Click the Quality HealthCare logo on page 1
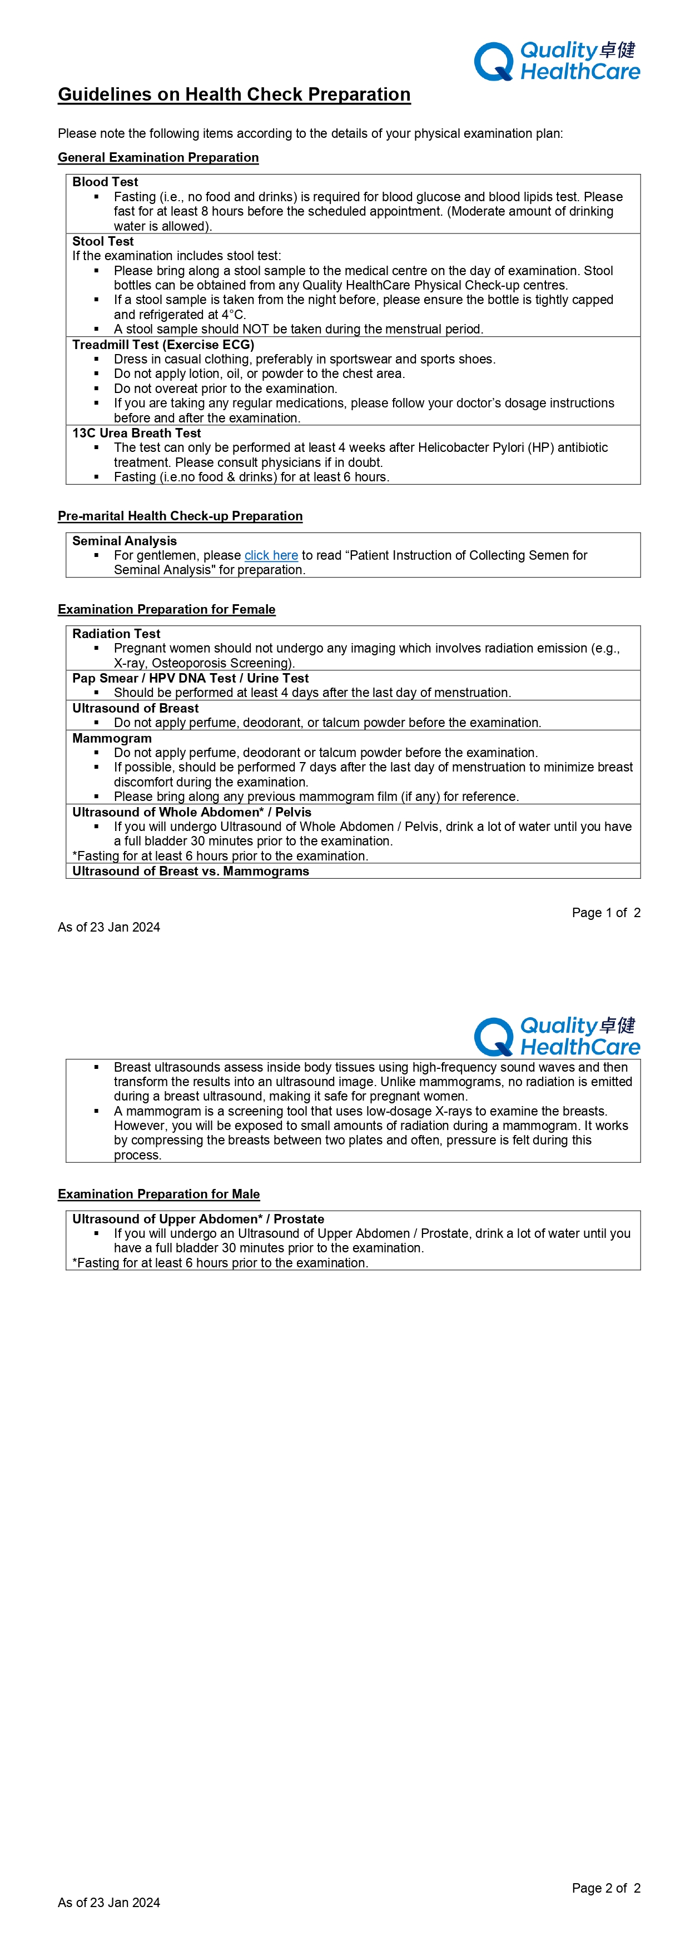557,61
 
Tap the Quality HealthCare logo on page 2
557,1037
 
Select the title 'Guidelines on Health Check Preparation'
234,94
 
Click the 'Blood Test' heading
105,182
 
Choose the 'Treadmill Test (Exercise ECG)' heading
163,345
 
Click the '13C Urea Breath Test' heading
136,433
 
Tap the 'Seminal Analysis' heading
124,541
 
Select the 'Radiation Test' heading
116,634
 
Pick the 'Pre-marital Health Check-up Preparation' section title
180,516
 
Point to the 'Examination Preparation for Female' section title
167,610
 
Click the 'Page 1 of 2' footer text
606,913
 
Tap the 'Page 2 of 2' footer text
606,1888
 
